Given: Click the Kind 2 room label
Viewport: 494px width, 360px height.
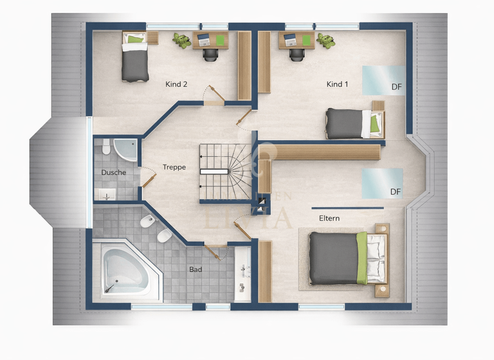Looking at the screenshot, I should [176, 84].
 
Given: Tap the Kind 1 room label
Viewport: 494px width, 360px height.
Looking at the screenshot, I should [337, 84].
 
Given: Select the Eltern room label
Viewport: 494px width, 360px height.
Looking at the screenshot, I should [329, 218].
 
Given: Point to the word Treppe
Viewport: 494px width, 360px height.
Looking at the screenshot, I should [174, 167].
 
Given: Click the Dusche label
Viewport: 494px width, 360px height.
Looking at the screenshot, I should [113, 172].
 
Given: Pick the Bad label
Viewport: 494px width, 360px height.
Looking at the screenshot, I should [196, 269].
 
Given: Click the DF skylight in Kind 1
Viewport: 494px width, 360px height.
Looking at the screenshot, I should [383, 80].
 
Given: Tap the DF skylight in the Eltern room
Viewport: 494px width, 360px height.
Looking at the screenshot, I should [382, 184].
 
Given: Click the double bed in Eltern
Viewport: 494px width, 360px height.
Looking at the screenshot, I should [347, 258].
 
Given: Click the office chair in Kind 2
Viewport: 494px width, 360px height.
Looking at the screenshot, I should [210, 53].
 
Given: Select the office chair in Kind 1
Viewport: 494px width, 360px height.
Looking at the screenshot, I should [297, 53].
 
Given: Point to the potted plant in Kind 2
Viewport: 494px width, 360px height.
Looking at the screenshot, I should [182, 40].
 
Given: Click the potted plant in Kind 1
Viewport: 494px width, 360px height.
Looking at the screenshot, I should [325, 40].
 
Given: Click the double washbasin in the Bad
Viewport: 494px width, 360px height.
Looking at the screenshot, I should [243, 273].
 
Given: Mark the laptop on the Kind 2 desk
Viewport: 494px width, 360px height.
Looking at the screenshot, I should [204, 39].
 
